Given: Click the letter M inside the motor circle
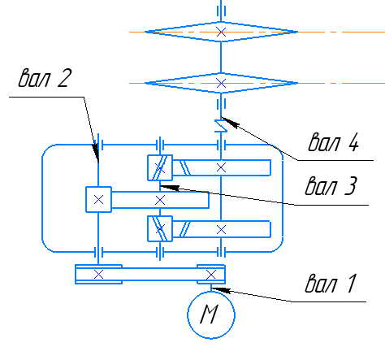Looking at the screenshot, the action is tap(210, 314).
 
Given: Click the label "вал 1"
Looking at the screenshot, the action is tap(331, 284).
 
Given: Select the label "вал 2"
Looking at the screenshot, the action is tap(45, 77).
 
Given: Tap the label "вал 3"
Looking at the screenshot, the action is tap(331, 185).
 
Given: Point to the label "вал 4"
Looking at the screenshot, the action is tap(334, 141).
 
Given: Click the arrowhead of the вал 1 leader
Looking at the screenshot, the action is tap(220, 290).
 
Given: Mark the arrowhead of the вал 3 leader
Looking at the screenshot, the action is tap(170, 188).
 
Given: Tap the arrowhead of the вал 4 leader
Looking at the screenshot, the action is tap(230, 123).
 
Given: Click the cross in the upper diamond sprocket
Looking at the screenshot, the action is tap(221, 32).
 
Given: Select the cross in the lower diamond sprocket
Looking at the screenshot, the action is tap(221, 83).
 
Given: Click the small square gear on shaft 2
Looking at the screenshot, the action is tap(98, 199).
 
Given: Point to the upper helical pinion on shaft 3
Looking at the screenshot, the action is tap(160, 167).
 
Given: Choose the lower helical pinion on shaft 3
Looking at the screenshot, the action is tap(160, 228).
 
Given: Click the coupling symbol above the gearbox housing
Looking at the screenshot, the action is tap(221, 126).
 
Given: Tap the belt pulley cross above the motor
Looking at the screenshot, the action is tap(211, 275).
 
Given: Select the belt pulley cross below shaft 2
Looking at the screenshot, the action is tap(98, 275).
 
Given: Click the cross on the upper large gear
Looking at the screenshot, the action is tap(221, 167).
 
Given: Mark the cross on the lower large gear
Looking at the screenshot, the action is tap(221, 230).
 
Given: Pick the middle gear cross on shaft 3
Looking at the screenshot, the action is tap(160, 201).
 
